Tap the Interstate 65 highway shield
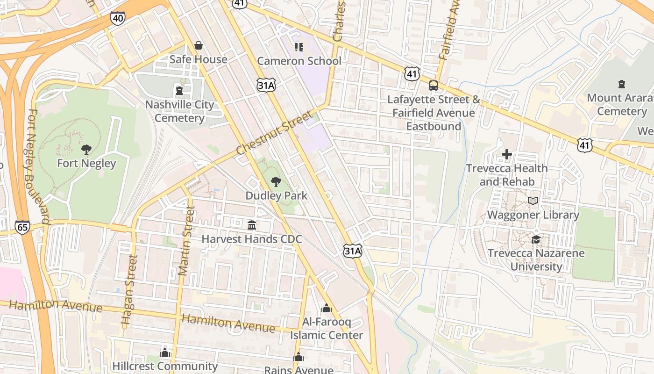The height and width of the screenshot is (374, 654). point(22,227)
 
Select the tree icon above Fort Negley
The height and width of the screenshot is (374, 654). point(86,150)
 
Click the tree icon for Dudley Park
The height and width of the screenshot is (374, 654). point(276,182)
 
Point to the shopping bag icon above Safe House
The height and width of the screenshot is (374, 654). point(199,45)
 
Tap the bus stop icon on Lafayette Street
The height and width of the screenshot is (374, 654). point(434,86)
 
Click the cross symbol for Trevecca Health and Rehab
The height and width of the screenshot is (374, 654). point(507,154)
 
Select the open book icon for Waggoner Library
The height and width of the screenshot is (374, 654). point(533,201)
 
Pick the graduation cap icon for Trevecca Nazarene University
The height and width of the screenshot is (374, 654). point(535,239)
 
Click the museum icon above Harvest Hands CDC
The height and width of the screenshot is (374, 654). point(252,225)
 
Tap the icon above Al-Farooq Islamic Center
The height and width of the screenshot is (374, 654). point(327,308)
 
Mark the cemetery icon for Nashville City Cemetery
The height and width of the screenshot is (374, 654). point(179,90)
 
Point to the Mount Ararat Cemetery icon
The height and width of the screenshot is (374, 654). point(621,84)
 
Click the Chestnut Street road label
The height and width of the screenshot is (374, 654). point(274,133)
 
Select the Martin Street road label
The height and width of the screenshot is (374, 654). point(186,241)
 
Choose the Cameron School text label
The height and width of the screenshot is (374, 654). point(299,61)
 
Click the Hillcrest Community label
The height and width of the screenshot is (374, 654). point(165,366)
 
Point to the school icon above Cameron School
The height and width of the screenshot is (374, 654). point(299,47)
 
